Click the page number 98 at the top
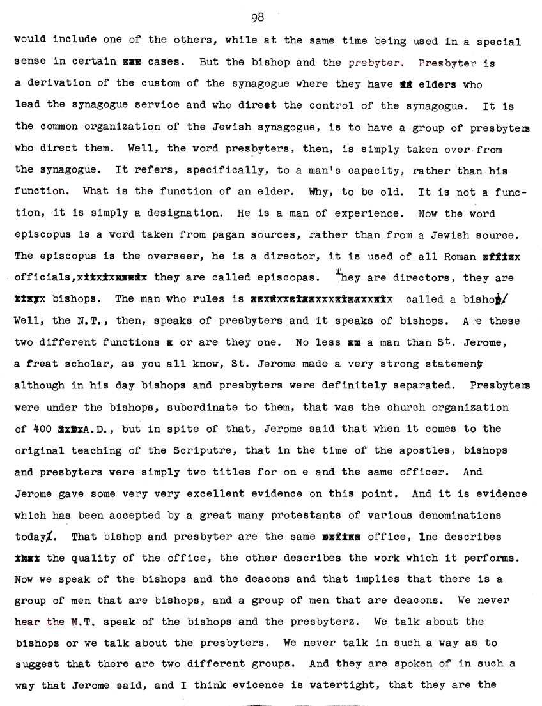[x=258, y=18]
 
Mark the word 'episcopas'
[x=279, y=279]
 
